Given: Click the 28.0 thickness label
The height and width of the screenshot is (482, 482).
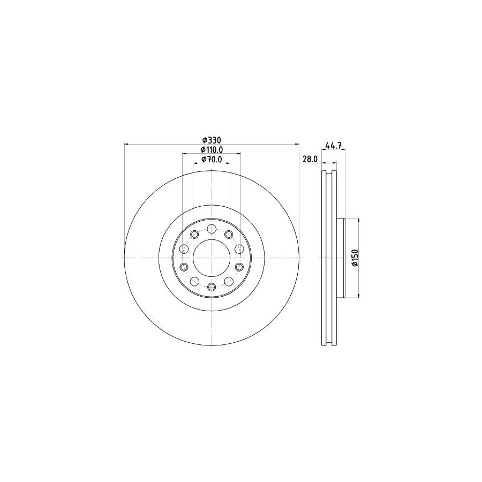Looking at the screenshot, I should (311, 160).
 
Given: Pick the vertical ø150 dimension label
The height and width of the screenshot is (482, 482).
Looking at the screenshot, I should (354, 258).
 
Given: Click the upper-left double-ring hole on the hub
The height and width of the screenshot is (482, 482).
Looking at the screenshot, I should (194, 234).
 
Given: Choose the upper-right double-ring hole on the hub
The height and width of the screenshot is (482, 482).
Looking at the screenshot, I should (229, 234).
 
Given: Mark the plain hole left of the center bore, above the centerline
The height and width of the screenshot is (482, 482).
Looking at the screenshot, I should (184, 248).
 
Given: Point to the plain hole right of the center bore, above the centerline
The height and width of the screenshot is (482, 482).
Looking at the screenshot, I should (239, 248).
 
